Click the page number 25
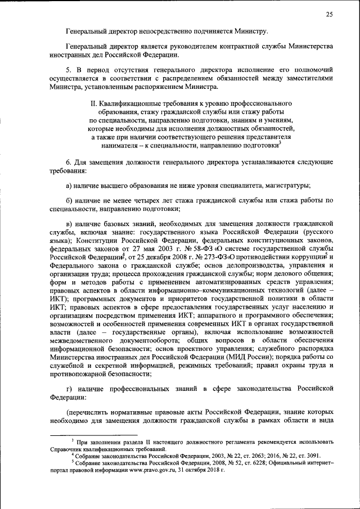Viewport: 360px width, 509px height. [x=329, y=13]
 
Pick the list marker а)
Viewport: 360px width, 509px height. [x=69, y=186]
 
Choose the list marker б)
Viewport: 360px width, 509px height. [x=69, y=201]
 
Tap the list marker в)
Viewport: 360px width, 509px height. [x=69, y=224]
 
